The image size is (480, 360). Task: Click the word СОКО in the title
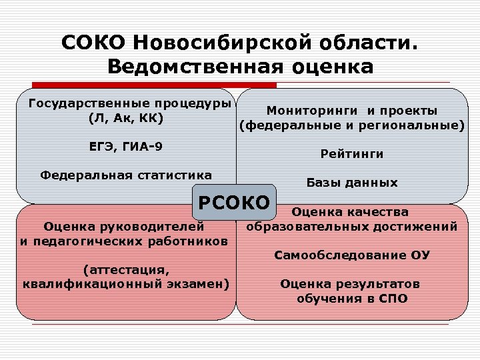(x=93, y=43)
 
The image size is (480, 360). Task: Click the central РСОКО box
(x=233, y=202)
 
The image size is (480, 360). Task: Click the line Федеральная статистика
(x=126, y=175)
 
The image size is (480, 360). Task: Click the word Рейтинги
(x=351, y=154)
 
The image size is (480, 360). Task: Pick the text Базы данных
(x=351, y=183)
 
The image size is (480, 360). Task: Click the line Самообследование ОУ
(x=352, y=255)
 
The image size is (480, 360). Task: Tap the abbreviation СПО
(x=393, y=298)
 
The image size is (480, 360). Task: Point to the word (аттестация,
(x=125, y=270)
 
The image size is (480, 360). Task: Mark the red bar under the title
(x=154, y=85)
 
